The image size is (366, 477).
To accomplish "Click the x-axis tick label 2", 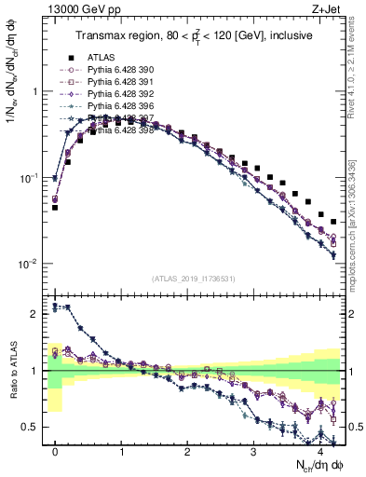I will [187, 450].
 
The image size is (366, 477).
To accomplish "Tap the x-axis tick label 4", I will [319, 450].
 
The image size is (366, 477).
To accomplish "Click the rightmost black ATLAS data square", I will [332, 222].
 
